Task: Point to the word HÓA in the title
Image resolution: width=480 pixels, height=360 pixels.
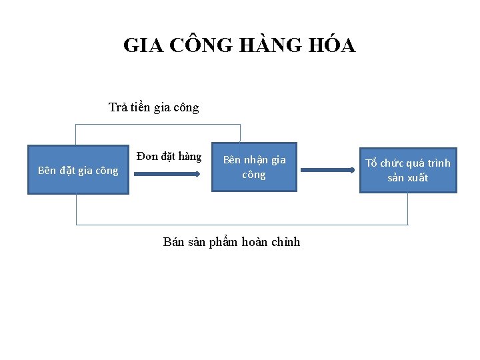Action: tap(332, 45)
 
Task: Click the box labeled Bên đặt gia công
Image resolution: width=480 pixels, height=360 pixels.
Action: tap(78, 170)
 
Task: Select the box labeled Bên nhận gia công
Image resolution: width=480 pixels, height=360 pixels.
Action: tap(254, 167)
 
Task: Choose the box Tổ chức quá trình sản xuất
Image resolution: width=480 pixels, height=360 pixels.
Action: tap(408, 170)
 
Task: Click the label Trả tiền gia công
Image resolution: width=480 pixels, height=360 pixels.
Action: tap(153, 107)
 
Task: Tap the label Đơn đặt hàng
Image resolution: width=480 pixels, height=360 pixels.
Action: tap(169, 157)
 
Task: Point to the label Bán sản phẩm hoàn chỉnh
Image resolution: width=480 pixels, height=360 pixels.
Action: tap(231, 242)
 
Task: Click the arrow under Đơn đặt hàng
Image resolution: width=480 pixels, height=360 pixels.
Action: tap(167, 174)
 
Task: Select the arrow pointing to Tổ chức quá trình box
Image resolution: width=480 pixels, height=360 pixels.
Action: tap(327, 171)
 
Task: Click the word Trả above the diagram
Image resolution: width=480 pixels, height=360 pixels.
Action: tap(119, 107)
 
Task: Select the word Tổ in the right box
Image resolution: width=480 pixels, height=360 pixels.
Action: tap(371, 163)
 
